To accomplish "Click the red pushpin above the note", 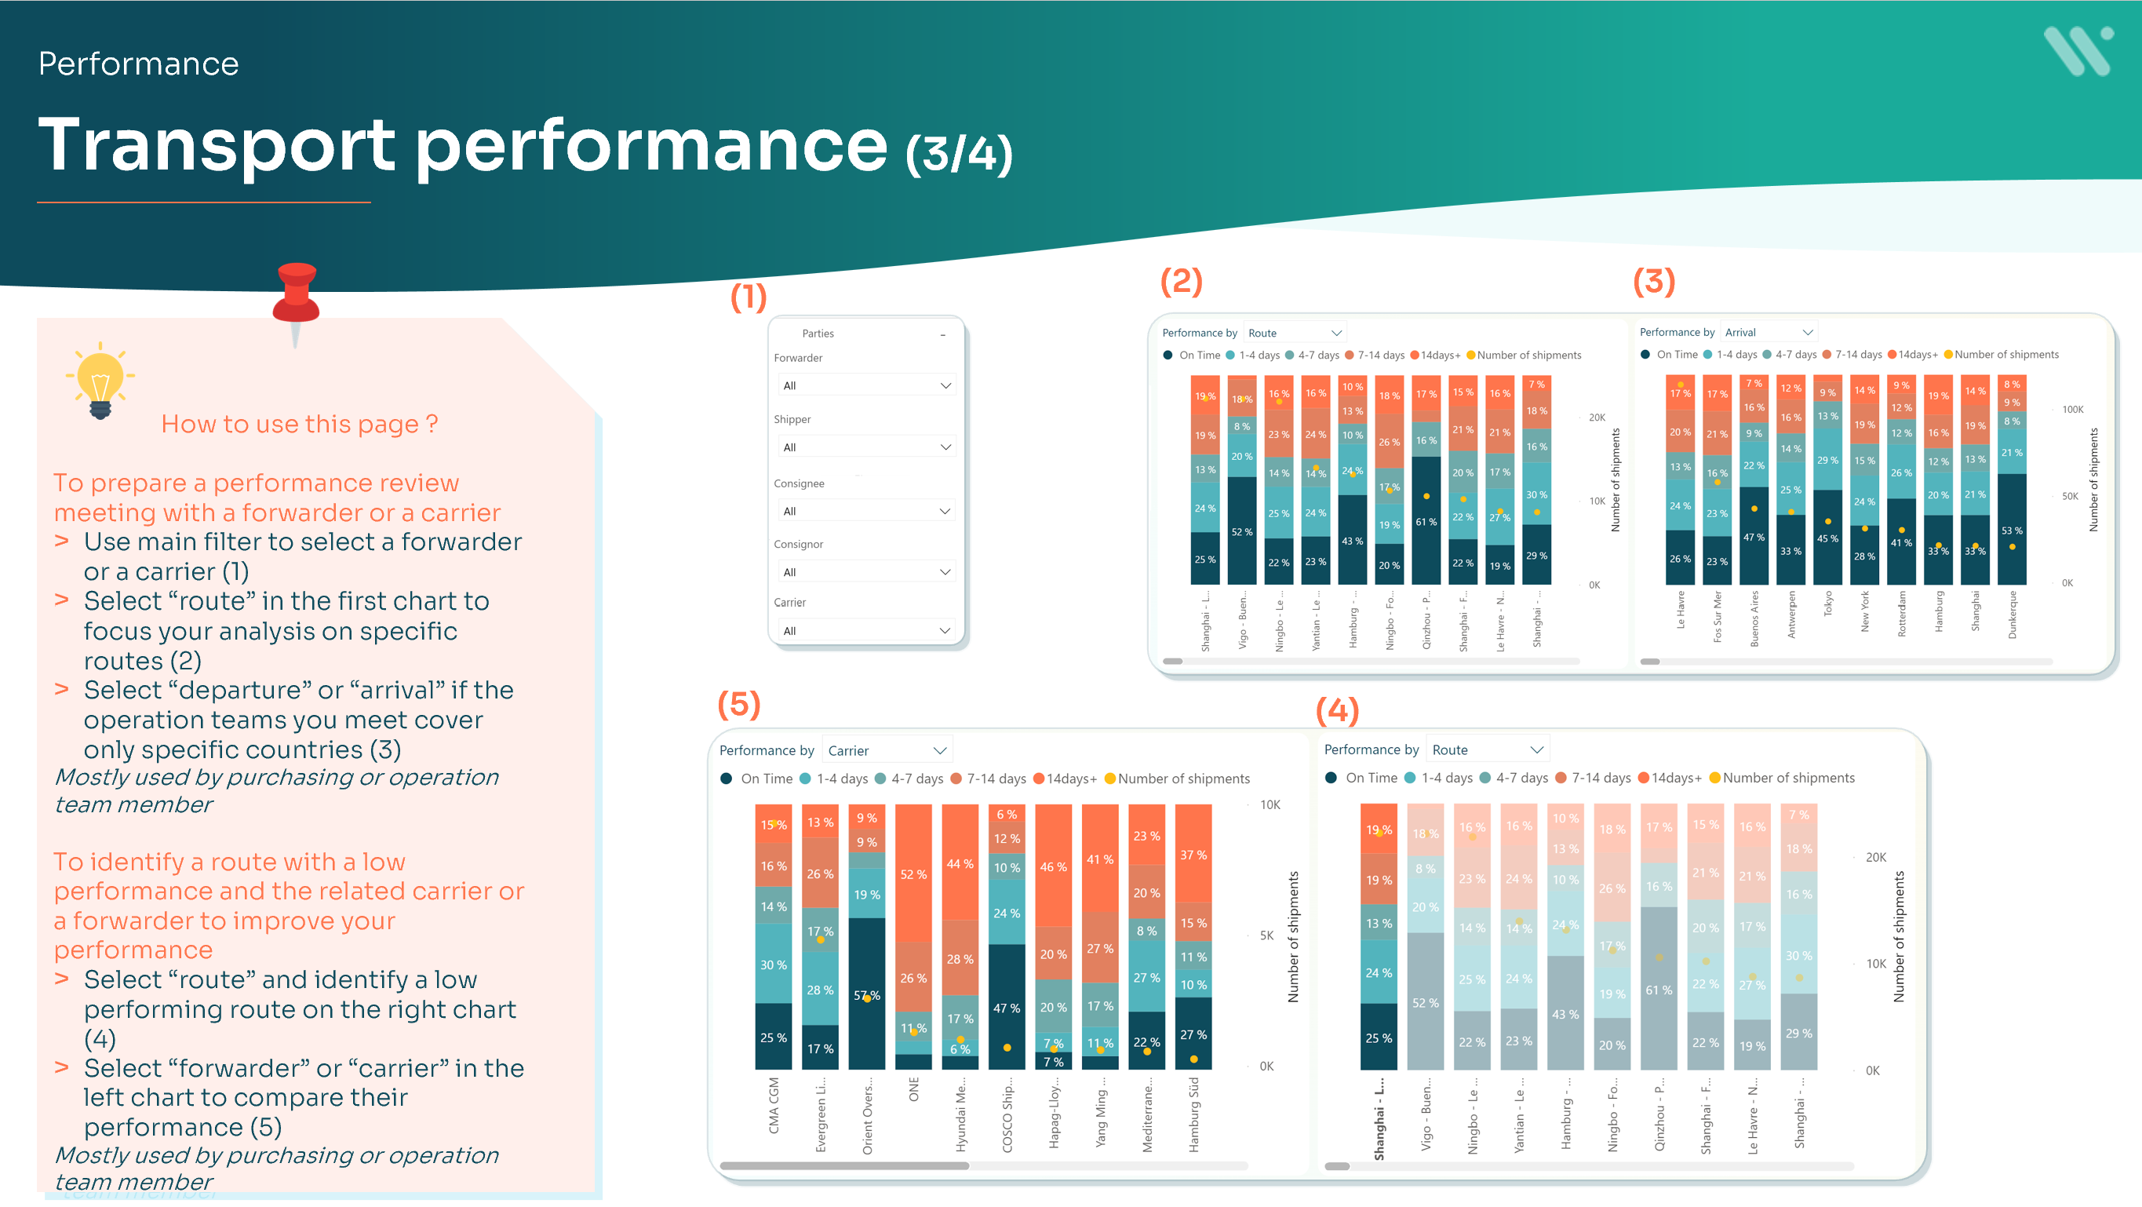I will point(296,295).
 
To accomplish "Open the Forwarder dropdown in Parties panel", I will point(865,385).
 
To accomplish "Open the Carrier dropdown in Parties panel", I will point(865,630).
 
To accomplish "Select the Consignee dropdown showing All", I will point(865,511).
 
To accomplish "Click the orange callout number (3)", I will point(1653,281).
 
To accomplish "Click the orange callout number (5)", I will point(738,705).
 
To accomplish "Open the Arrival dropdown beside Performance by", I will point(1768,332).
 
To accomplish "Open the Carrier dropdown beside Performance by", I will point(887,750).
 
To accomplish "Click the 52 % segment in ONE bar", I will point(913,873).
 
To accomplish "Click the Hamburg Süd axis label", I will point(1193,1114).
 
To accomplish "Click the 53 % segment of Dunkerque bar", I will point(2012,530).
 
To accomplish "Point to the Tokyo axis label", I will point(1827,604).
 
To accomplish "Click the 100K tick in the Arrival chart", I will point(2072,409).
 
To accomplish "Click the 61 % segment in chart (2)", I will point(1426,522).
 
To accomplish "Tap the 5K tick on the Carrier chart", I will point(1266,935).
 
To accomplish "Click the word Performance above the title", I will point(138,64).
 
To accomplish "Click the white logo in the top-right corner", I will point(2077,51).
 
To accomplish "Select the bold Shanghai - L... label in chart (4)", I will point(1379,1118).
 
